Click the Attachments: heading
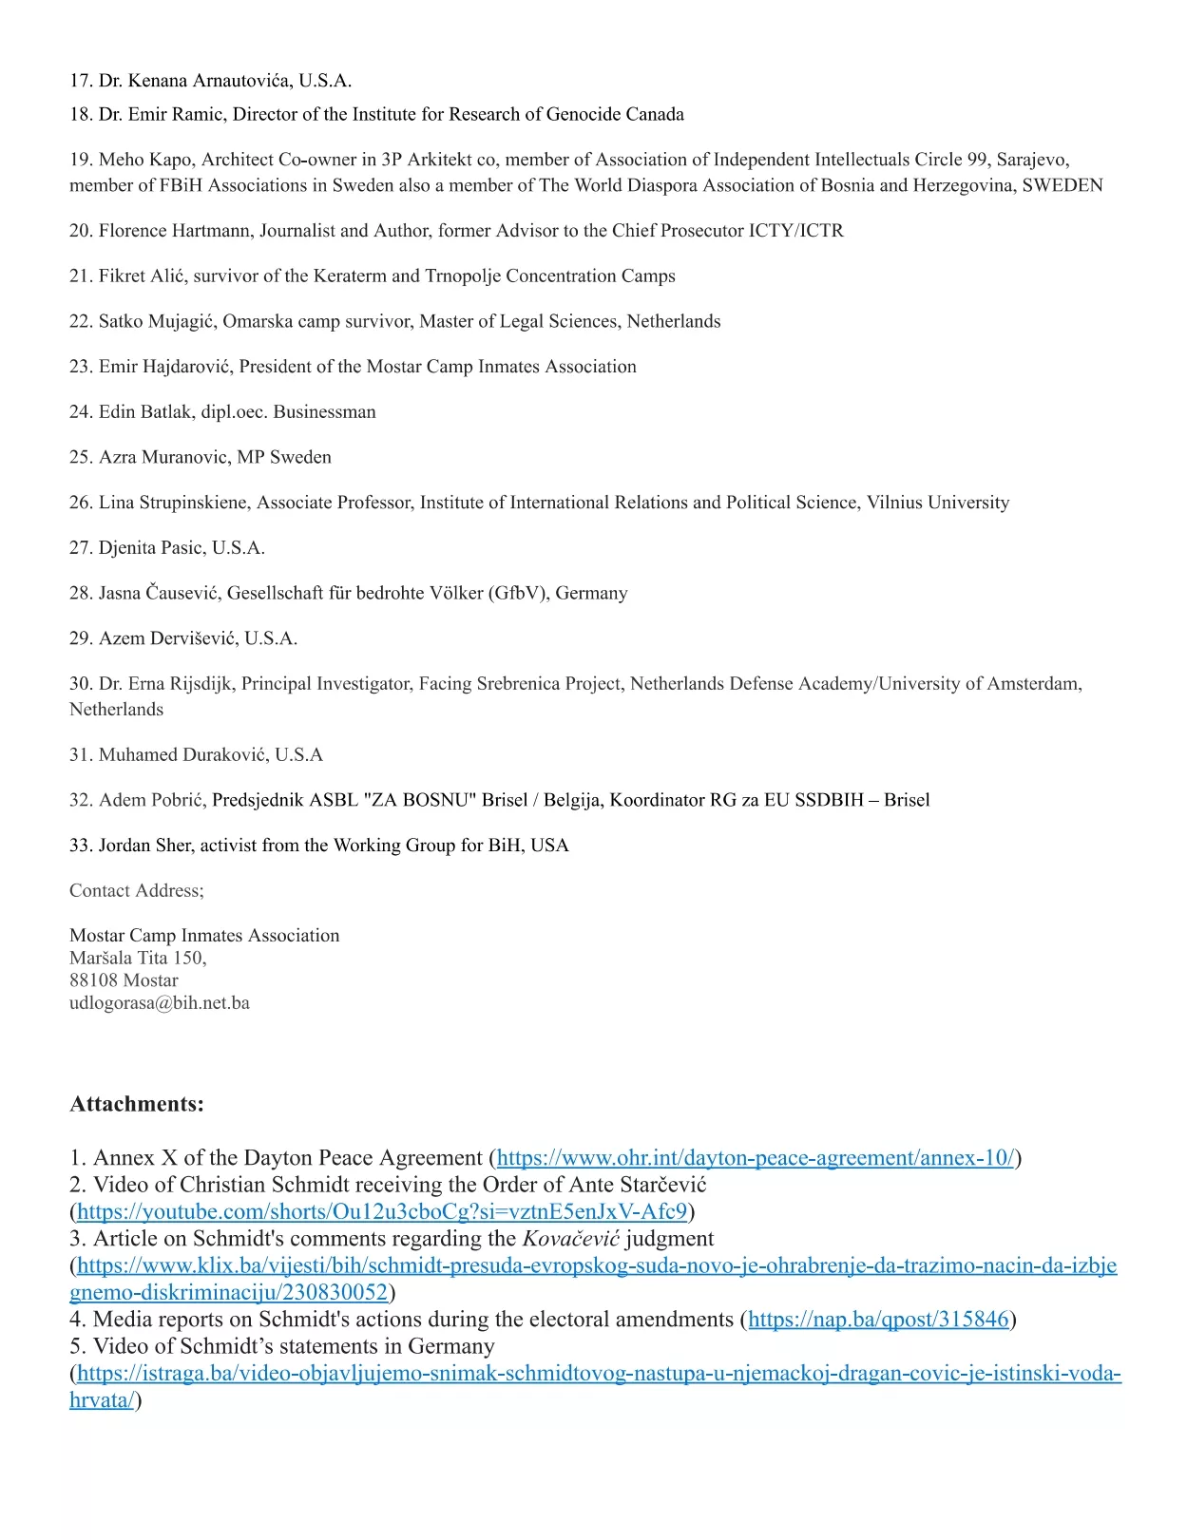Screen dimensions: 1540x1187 pos(137,1104)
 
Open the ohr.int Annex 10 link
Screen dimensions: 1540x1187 pos(756,1158)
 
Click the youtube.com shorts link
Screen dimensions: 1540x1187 pos(381,1211)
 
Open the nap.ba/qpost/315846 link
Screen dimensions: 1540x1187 pos(878,1320)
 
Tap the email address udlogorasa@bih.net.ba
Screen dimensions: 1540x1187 pos(160,1003)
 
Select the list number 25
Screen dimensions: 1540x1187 pos(80,457)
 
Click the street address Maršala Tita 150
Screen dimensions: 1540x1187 pos(137,958)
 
